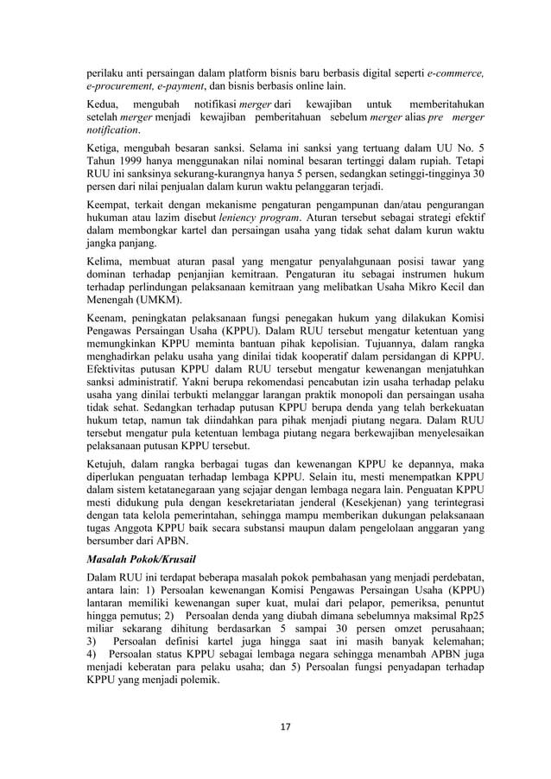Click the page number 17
coord(275,725)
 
